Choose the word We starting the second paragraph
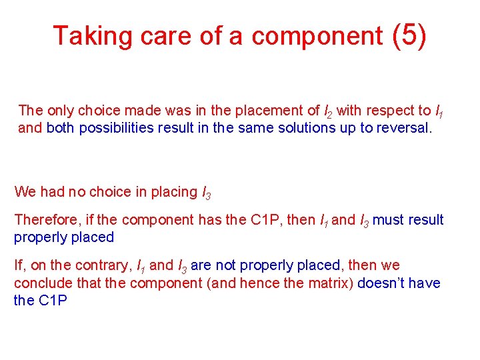[x=25, y=192]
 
